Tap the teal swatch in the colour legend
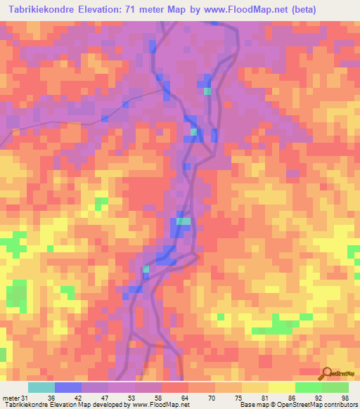(x=41, y=388)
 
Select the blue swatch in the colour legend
(x=68, y=388)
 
